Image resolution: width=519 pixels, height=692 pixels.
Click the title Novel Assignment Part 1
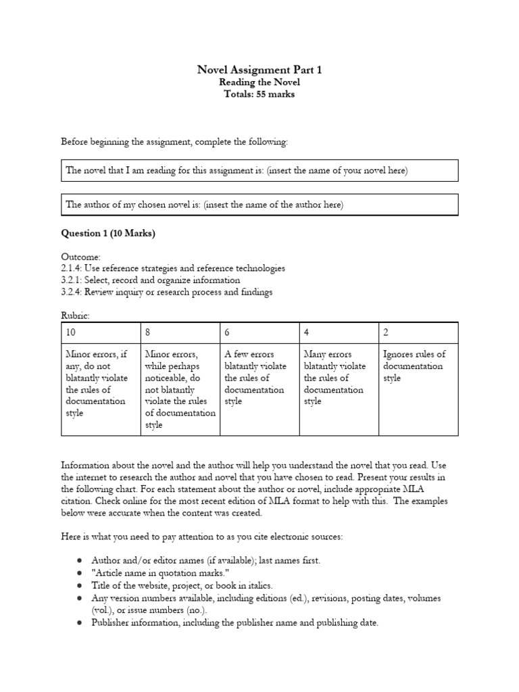click(259, 70)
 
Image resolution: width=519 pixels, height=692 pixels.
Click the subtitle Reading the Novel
click(259, 82)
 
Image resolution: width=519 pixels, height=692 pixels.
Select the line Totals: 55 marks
click(259, 95)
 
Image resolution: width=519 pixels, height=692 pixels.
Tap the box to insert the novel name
click(259, 171)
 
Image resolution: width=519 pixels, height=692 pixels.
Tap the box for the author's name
click(259, 205)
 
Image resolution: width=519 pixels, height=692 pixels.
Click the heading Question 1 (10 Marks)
click(108, 234)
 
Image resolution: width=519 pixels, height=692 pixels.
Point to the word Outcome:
click(81, 257)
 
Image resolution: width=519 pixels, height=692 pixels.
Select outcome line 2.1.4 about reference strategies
click(173, 268)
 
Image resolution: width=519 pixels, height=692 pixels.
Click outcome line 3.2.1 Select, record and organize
click(151, 280)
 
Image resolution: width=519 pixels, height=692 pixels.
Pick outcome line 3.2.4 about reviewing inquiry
click(167, 292)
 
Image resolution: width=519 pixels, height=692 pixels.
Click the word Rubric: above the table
click(75, 315)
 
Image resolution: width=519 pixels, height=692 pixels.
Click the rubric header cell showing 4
click(339, 332)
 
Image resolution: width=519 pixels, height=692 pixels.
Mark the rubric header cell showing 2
click(418, 332)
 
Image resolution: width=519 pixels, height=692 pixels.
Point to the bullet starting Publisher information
click(235, 622)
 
